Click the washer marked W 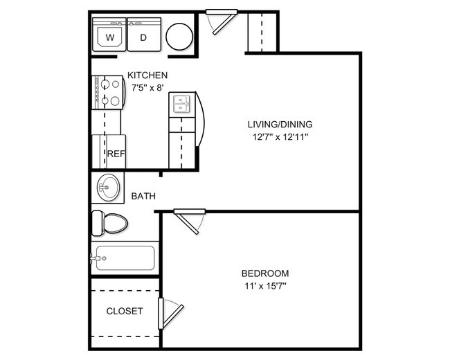[x=109, y=37]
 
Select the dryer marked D [x=143, y=37]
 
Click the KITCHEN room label [x=147, y=75]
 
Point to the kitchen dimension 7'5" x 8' [x=147, y=87]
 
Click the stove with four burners [x=107, y=92]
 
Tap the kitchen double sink [x=181, y=105]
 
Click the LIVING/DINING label [x=280, y=125]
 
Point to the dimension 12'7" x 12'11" [x=280, y=137]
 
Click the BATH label [x=143, y=196]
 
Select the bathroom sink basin [x=107, y=187]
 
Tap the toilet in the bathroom [x=109, y=223]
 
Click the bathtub [x=125, y=258]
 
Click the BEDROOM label [x=265, y=273]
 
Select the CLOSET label [x=125, y=311]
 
